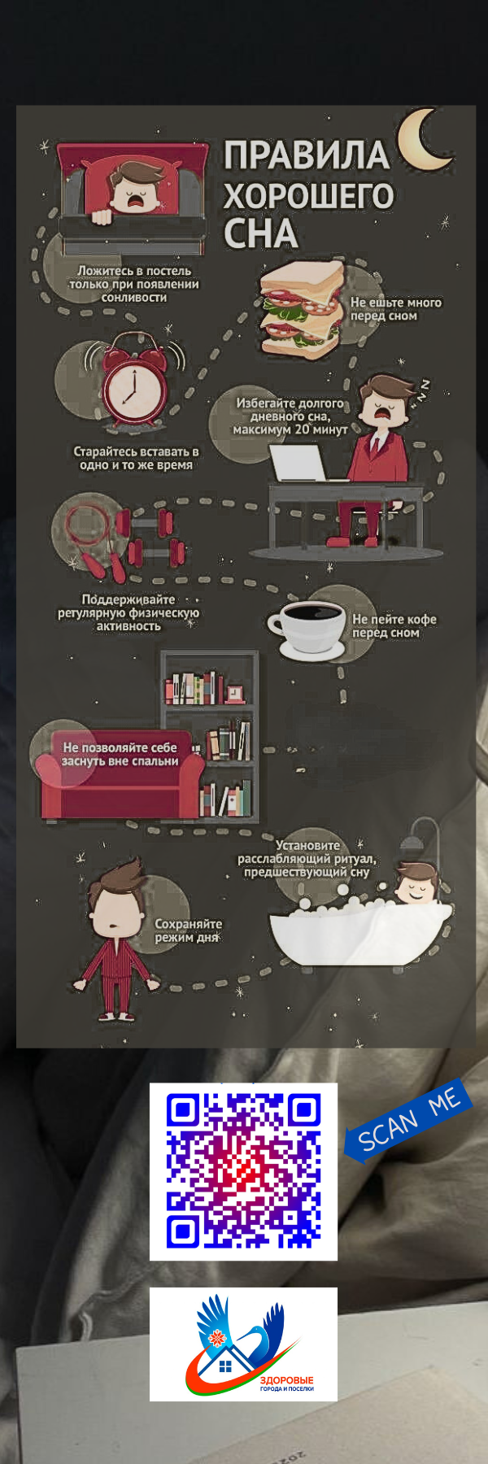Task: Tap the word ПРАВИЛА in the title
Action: point(307,155)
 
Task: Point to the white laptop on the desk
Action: point(297,464)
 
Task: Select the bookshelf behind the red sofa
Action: point(210,735)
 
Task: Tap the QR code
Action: point(243,1171)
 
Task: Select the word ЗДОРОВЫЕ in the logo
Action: point(286,1380)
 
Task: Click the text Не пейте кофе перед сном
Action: point(394,625)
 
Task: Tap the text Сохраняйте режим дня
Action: point(188,930)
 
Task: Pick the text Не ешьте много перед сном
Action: point(396,309)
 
